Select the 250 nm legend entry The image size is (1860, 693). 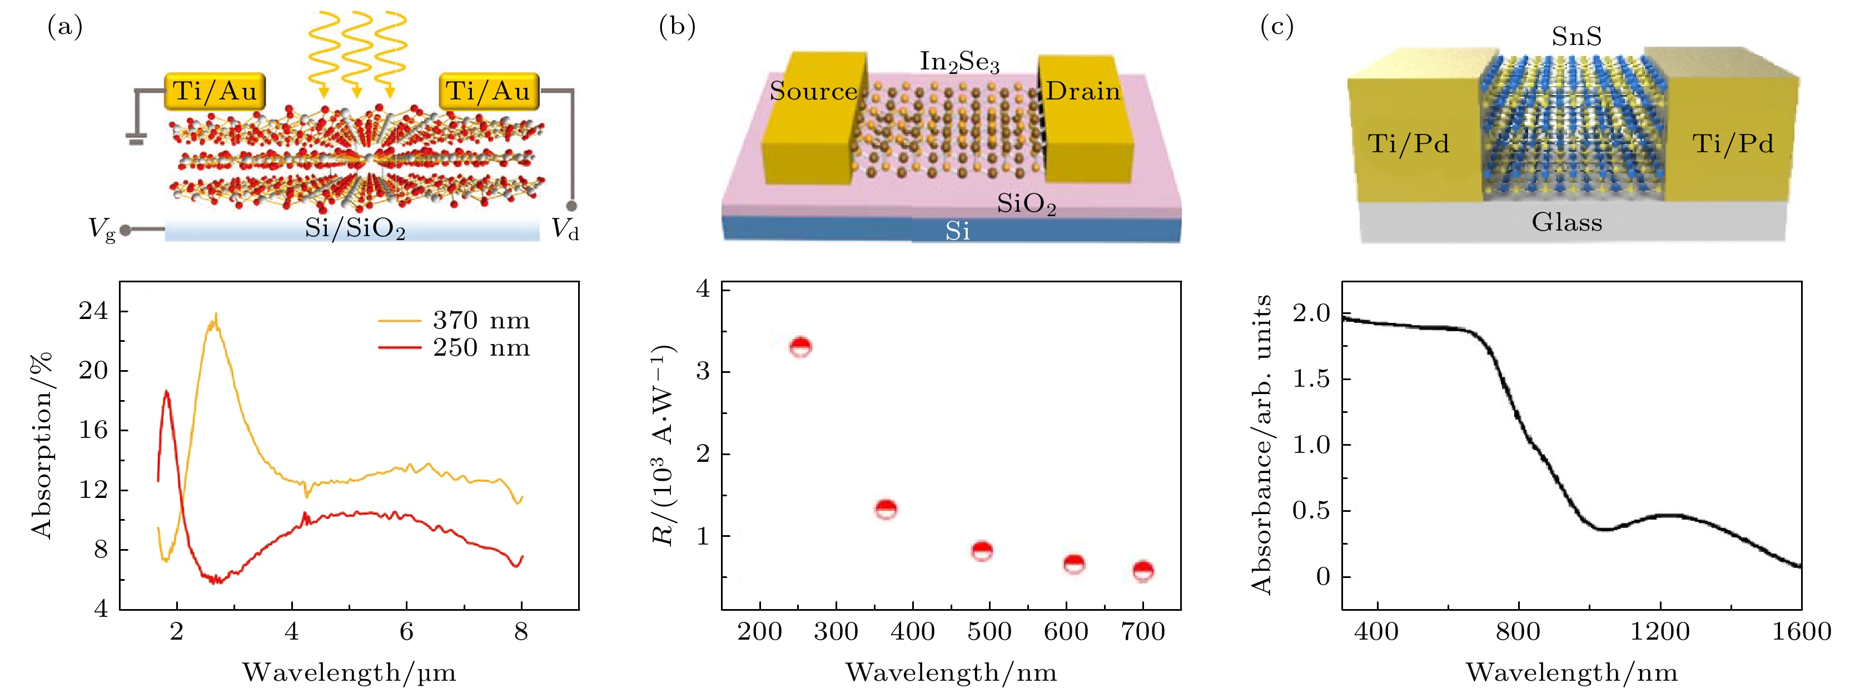[481, 347]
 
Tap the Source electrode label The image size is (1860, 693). [813, 91]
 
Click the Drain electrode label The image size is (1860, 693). [1082, 91]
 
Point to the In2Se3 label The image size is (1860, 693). [959, 62]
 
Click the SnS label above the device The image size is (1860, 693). [1576, 36]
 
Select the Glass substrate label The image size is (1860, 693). [1567, 222]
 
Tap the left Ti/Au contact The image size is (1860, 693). [215, 91]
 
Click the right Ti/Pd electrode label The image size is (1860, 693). [1733, 143]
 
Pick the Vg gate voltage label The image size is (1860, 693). [102, 230]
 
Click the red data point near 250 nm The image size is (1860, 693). [800, 347]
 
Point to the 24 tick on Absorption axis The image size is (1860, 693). [94, 311]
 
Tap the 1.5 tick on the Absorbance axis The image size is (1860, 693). [1311, 379]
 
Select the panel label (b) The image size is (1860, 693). [677, 27]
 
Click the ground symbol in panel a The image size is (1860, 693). [136, 138]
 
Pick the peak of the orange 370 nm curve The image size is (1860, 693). [215, 316]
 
